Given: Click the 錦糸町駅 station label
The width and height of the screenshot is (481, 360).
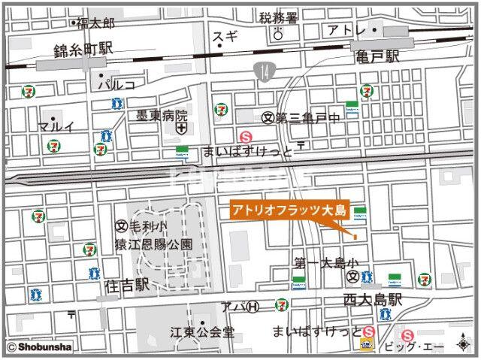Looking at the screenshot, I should click(x=83, y=50).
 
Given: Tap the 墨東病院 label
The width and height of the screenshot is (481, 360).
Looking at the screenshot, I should click(x=161, y=116).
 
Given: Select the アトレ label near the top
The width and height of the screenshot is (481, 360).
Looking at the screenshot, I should click(x=346, y=30).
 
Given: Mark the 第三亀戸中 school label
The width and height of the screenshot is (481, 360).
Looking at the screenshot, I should click(x=307, y=117).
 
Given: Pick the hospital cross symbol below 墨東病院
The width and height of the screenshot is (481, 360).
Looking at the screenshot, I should click(x=181, y=130).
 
